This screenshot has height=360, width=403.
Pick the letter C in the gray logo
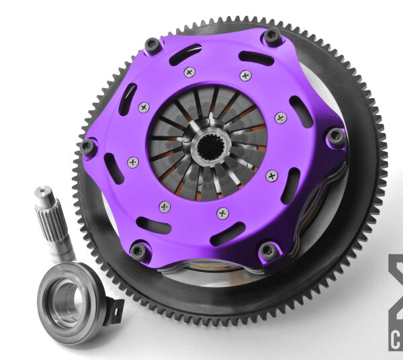coord(396,339)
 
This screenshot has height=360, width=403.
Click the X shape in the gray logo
coord(396,282)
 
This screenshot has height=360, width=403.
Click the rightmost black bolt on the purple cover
coord(335,137)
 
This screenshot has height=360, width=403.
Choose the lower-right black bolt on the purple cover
coord(268,251)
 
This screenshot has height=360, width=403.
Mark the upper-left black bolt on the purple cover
coord(153,45)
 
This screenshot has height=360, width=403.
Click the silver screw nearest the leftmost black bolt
coord(133,162)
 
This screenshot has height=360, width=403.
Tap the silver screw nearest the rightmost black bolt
coord(281,118)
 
